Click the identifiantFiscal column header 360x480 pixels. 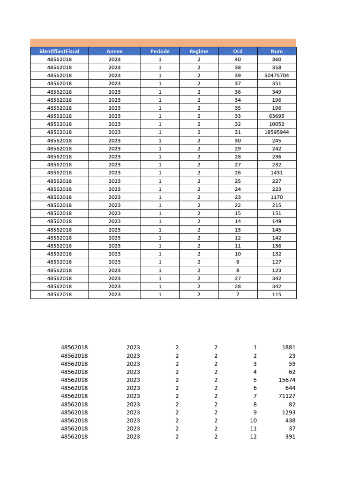pyautogui.click(x=59, y=51)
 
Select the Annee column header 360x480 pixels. pyautogui.click(x=114, y=51)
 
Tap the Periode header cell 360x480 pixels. pyautogui.click(x=160, y=51)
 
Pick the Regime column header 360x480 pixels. pyautogui.click(x=199, y=51)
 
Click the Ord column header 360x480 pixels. pyautogui.click(x=238, y=51)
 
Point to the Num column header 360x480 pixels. pyautogui.click(x=277, y=51)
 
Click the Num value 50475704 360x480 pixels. pyautogui.click(x=277, y=75)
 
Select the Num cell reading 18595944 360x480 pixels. pyautogui.click(x=277, y=132)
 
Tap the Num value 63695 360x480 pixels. pyautogui.click(x=277, y=116)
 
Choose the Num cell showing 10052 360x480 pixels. pyautogui.click(x=277, y=124)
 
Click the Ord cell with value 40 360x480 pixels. pyautogui.click(x=238, y=60)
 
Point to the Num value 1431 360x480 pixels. pyautogui.click(x=277, y=172)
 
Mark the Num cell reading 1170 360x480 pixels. pyautogui.click(x=277, y=197)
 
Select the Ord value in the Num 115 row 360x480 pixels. pyautogui.click(x=238, y=294)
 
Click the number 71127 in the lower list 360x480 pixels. pyautogui.click(x=286, y=396)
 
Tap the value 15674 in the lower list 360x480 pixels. pyautogui.click(x=286, y=380)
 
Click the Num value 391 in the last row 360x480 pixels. pyautogui.click(x=290, y=436)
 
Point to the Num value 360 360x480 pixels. pyautogui.click(x=277, y=60)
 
